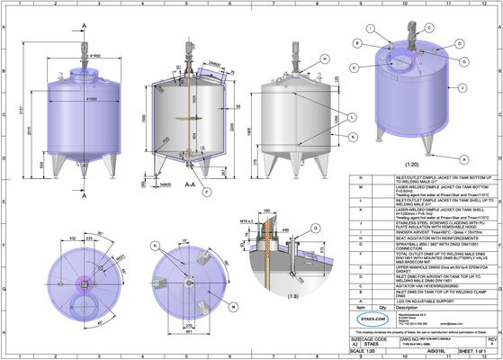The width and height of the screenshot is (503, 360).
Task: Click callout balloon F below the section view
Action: pyautogui.click(x=206, y=192)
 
